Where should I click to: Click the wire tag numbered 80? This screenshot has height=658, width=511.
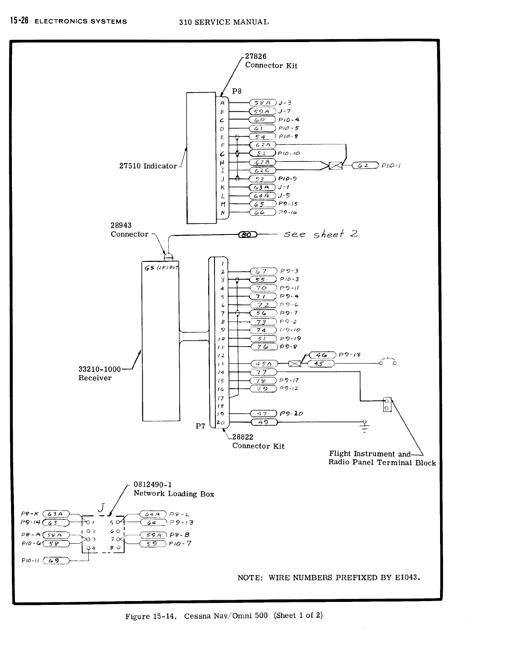(x=247, y=234)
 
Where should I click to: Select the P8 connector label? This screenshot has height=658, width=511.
(x=237, y=91)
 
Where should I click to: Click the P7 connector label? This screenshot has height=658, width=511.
(x=200, y=426)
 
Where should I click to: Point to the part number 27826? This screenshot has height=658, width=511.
(x=256, y=56)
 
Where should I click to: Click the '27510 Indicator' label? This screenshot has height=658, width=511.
(x=148, y=166)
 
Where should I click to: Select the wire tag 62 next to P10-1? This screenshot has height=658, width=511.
(x=365, y=165)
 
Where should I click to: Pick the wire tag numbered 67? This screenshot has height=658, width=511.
(x=264, y=271)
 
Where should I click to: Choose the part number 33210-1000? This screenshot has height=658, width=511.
(x=99, y=369)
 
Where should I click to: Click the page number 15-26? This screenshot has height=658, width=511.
(x=17, y=20)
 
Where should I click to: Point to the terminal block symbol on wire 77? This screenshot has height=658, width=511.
(x=387, y=404)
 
